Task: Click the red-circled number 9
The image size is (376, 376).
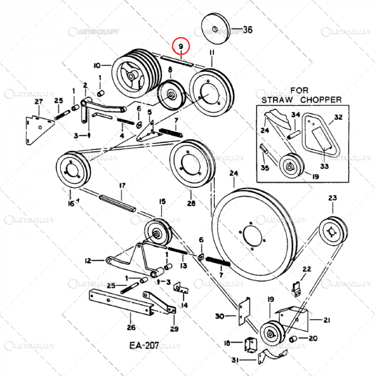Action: [x=181, y=47]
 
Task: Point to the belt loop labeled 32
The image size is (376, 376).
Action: [x=320, y=136]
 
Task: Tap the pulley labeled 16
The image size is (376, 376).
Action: [x=70, y=171]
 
